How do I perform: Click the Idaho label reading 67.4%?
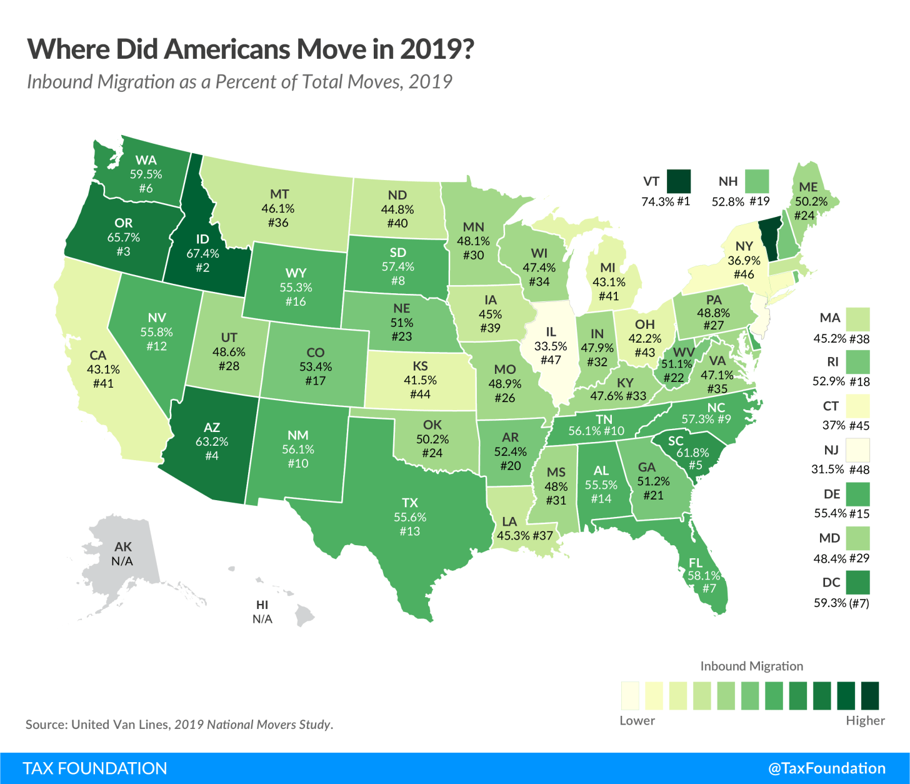(202, 253)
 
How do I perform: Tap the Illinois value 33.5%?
(551, 346)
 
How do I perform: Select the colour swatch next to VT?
(679, 181)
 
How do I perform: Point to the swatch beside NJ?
(858, 450)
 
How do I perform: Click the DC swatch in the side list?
(858, 582)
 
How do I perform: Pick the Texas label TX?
(410, 503)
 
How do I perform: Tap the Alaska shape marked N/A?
(122, 554)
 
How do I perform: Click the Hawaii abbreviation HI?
(262, 605)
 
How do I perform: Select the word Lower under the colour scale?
(637, 720)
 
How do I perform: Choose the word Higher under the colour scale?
(865, 720)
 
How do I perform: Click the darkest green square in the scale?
(870, 695)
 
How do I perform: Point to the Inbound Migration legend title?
(751, 666)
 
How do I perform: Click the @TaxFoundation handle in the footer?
(826, 768)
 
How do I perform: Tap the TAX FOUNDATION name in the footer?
(95, 768)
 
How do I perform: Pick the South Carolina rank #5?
(696, 465)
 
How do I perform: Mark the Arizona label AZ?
(212, 428)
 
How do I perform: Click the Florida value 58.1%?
(704, 575)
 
